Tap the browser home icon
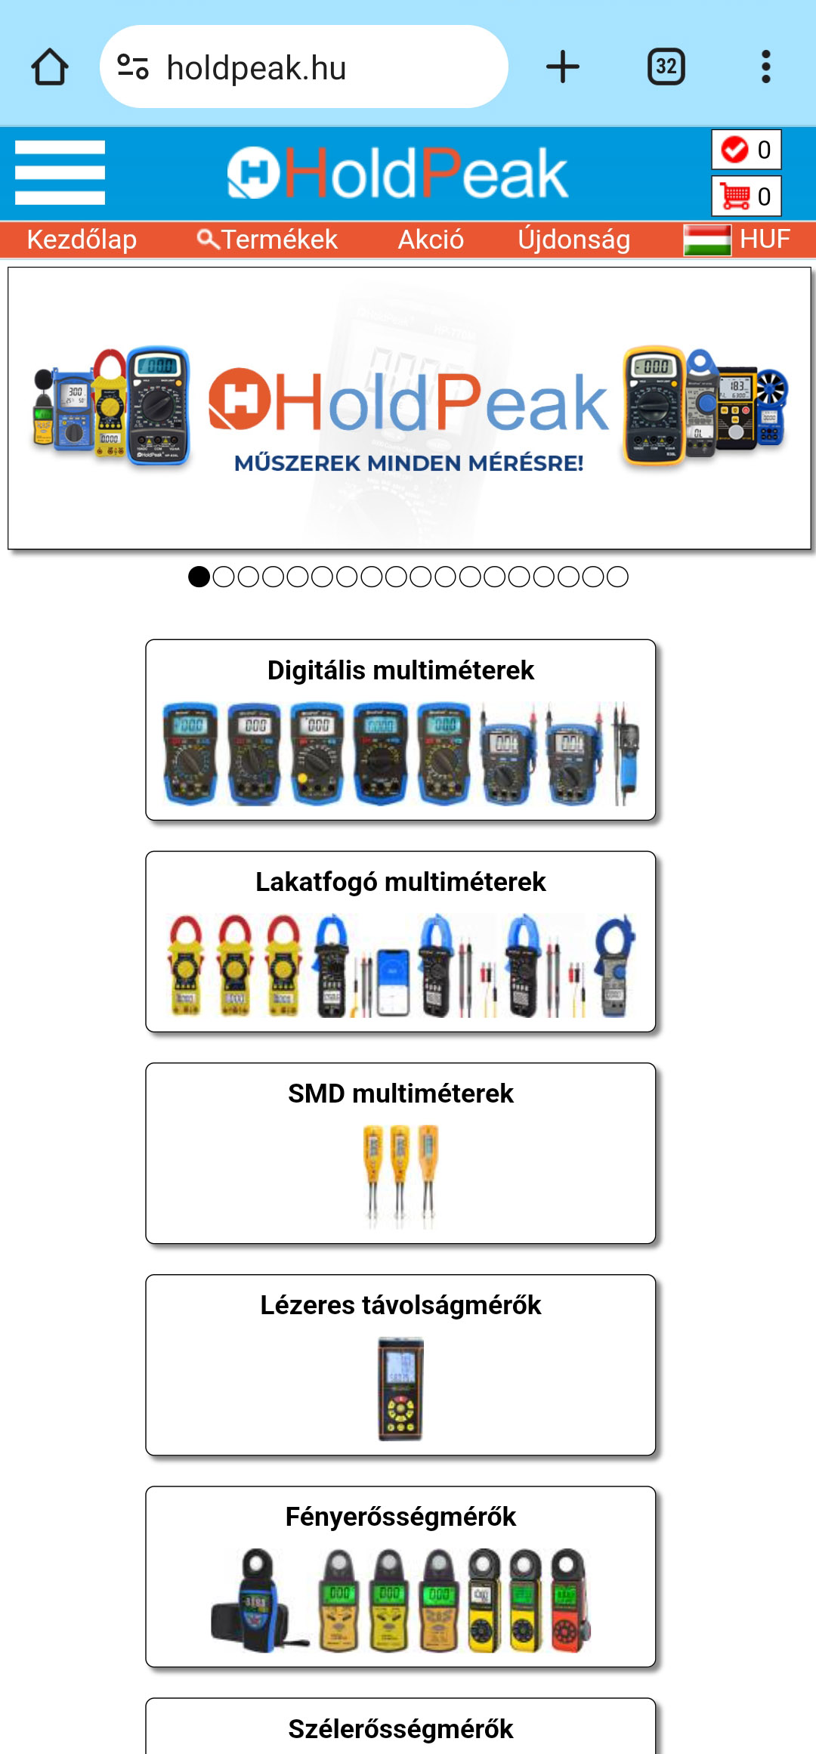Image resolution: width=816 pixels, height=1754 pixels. point(50,67)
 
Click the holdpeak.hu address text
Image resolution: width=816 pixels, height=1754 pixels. point(256,68)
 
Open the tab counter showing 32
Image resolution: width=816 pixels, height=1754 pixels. point(666,67)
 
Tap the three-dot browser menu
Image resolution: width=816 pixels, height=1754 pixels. point(765,67)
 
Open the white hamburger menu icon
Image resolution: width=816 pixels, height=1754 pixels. point(60,172)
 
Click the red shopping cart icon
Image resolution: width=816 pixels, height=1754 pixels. point(734,196)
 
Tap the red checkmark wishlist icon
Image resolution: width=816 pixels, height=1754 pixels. point(734,150)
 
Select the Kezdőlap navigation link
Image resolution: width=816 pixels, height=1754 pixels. point(82,240)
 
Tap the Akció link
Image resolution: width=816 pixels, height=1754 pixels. point(431,240)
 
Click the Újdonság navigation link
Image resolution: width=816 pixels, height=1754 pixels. point(573,240)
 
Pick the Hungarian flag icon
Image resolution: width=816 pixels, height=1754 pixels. point(706,240)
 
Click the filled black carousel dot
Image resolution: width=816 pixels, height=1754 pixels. point(199,577)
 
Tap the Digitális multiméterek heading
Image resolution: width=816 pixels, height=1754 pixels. point(400,670)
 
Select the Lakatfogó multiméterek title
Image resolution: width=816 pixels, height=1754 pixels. point(400,882)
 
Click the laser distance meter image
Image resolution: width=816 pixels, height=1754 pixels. point(400,1388)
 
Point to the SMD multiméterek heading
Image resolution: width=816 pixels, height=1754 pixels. point(400,1094)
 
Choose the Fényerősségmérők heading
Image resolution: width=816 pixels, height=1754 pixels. point(400,1517)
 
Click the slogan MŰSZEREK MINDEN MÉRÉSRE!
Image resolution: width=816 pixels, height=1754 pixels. point(409,463)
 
